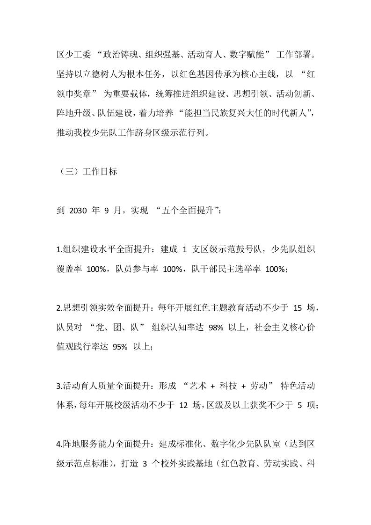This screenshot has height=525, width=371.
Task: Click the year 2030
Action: click(78, 211)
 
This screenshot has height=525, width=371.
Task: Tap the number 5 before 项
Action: click(300, 406)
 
